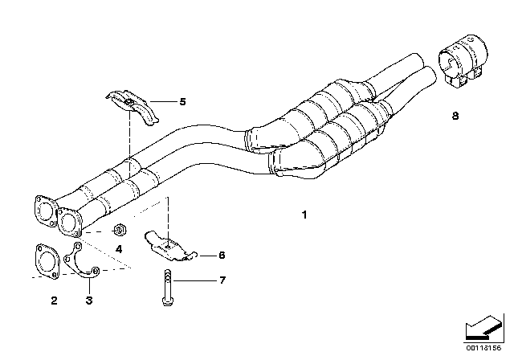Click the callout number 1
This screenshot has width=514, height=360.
tap(304, 215)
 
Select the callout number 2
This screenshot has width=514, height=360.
tap(54, 300)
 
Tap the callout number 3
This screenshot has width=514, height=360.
tap(89, 300)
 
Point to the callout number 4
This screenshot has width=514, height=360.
tap(119, 249)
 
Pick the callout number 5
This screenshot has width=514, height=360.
tap(182, 101)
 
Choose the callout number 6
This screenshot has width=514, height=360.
tap(222, 255)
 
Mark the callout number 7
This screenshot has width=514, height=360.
tap(222, 280)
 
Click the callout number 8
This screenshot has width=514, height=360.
tap(455, 116)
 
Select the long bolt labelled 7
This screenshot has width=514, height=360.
tap(167, 288)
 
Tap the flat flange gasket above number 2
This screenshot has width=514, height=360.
tap(47, 261)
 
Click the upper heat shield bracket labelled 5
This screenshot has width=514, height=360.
tap(133, 107)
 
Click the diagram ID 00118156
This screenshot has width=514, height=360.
tap(483, 348)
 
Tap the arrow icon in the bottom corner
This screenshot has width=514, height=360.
tap(484, 329)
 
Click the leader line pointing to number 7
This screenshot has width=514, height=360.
tap(194, 280)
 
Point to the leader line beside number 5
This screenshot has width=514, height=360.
tap(163, 101)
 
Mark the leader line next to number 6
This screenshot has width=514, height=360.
tap(206, 255)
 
